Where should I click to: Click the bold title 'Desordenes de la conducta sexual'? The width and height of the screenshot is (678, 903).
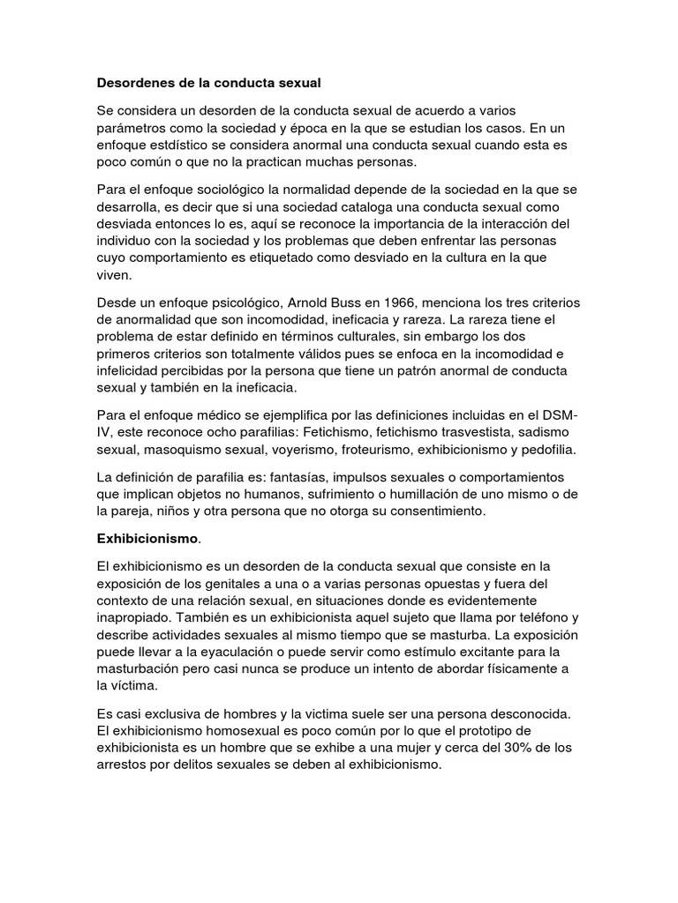point(207,84)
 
